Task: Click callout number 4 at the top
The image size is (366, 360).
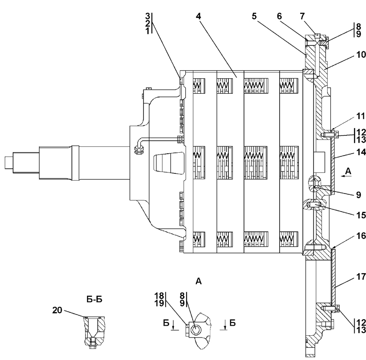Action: [x=199, y=16]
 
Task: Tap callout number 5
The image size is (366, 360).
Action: [x=254, y=16]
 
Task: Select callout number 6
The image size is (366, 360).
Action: [x=280, y=16]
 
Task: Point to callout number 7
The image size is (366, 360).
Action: [x=302, y=16]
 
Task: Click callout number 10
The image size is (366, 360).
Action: [x=361, y=55]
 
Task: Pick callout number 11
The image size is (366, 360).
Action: [x=361, y=116]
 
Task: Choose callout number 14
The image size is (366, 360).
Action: [x=361, y=152]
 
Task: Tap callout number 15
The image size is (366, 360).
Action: [x=361, y=215]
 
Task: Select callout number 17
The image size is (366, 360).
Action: [x=361, y=277]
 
